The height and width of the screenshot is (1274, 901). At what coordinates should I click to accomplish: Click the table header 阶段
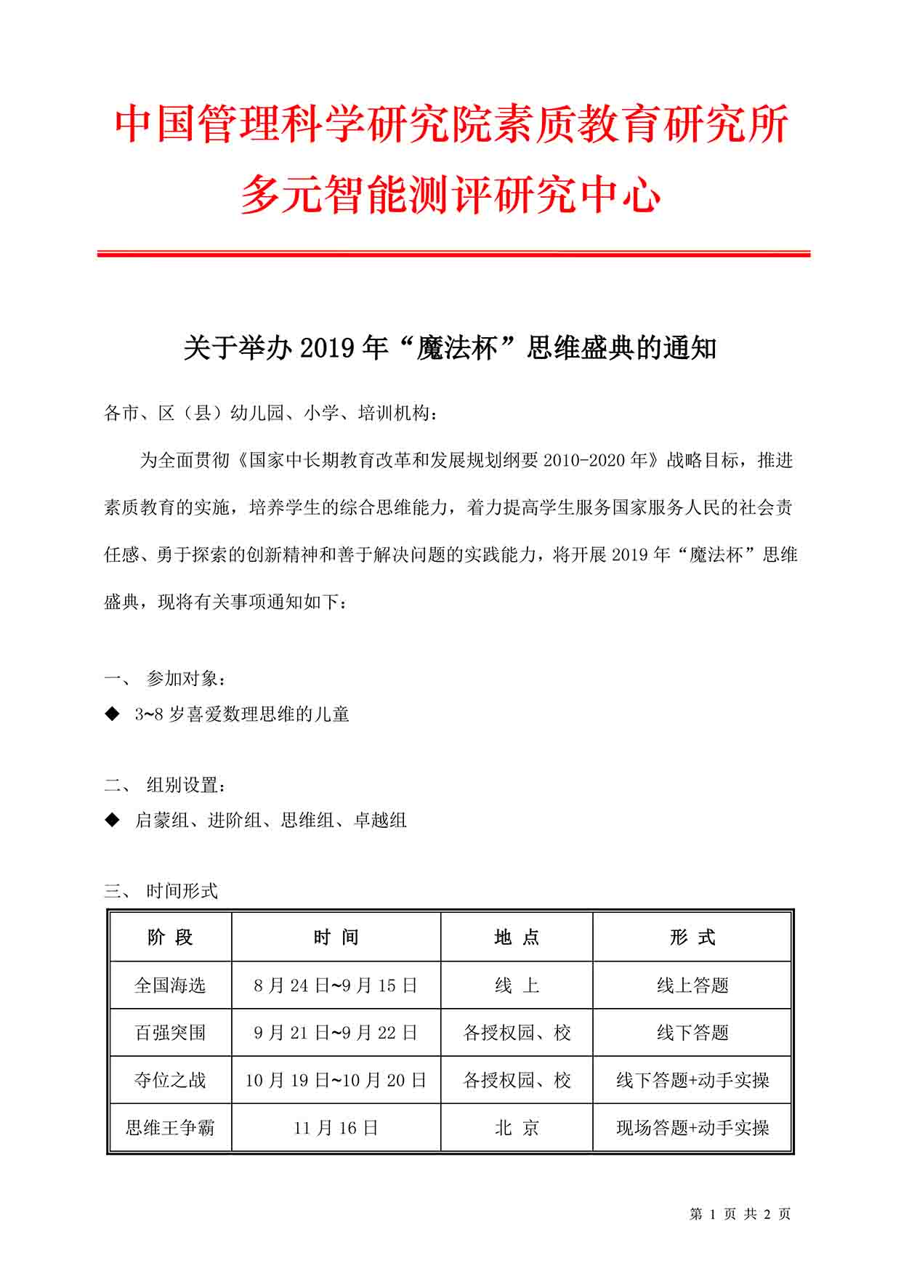[170, 938]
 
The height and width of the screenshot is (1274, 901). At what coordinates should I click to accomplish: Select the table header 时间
[336, 938]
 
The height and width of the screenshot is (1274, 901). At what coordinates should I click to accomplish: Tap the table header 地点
[517, 938]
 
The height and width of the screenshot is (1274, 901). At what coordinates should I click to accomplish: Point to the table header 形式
[692, 938]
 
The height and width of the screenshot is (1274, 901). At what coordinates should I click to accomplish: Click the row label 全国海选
[170, 985]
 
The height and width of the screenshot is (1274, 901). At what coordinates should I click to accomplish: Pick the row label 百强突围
[170, 1033]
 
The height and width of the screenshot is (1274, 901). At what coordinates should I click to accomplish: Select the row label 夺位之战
[170, 1080]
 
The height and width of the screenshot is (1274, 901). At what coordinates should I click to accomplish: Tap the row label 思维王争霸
[170, 1128]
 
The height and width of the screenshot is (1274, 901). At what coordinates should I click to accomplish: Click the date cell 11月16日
[336, 1128]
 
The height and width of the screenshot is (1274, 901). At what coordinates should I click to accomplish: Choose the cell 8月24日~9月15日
[336, 985]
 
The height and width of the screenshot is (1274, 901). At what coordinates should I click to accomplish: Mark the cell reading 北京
[517, 1128]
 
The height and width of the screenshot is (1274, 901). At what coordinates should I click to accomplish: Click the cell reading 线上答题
[692, 985]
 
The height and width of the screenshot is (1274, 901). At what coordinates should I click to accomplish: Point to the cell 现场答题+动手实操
[692, 1128]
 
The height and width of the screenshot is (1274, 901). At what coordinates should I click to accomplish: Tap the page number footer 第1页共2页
[740, 1214]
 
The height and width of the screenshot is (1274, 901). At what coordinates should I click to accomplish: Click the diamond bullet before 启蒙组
[112, 820]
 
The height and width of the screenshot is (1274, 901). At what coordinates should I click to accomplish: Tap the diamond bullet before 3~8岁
[112, 714]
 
